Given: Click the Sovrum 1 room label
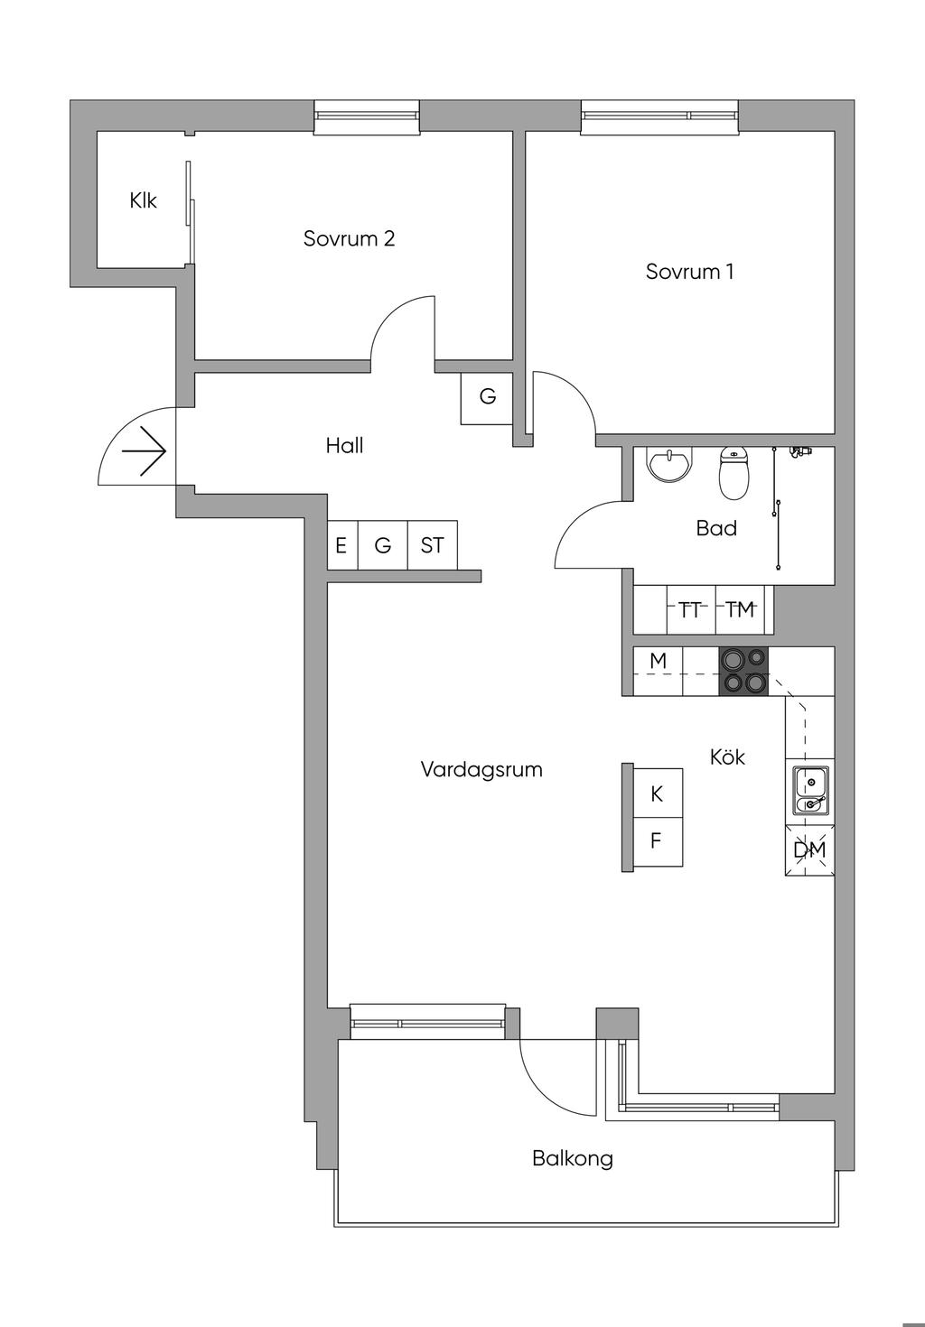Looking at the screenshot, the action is (x=689, y=271).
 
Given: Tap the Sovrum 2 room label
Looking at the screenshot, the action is (x=349, y=238).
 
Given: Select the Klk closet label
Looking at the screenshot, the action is (x=143, y=200).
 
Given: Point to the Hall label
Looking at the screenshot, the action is (x=344, y=445).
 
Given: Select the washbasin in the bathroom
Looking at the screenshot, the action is (x=668, y=466).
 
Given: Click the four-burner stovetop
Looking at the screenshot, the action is (x=743, y=672).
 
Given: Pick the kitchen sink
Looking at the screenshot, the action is (x=810, y=791).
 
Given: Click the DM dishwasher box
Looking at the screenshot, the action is (x=809, y=849).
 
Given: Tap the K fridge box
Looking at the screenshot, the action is (x=658, y=793).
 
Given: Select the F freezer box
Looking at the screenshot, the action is (x=658, y=841).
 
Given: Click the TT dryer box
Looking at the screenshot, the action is (x=691, y=610).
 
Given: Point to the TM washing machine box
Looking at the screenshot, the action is (x=740, y=610).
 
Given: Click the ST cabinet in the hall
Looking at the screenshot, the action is (x=432, y=545).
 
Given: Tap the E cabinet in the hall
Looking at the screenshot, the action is (x=341, y=545).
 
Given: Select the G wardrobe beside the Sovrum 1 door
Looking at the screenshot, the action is (x=487, y=396).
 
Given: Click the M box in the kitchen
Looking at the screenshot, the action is (x=658, y=661).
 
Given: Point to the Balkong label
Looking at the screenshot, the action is (x=573, y=1158).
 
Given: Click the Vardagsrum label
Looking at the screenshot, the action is (x=481, y=770).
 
